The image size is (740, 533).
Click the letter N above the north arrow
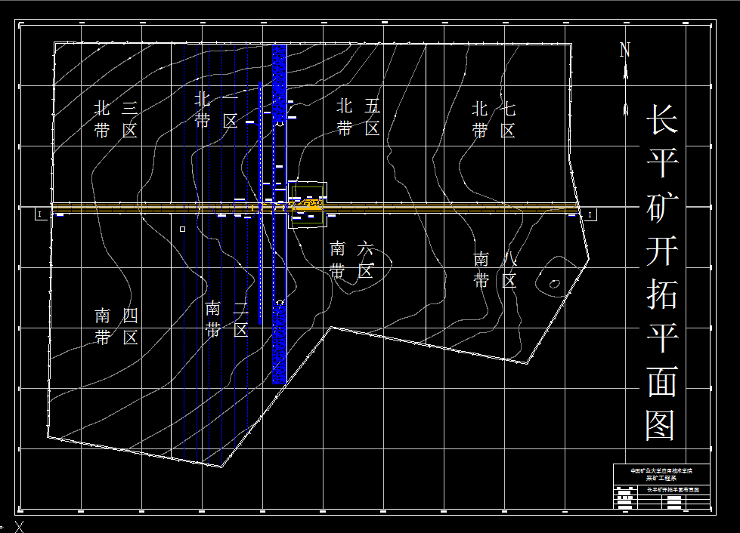point(625,51)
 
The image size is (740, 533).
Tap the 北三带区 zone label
point(116,119)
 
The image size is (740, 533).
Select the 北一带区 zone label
point(217,110)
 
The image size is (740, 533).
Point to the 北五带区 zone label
point(358,117)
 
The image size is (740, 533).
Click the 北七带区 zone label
point(494,119)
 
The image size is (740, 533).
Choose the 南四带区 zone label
point(116,326)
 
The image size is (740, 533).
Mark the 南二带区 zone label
point(227,319)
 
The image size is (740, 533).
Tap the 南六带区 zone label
point(351,260)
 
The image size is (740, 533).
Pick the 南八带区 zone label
point(495,270)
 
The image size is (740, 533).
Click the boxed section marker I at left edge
point(39,215)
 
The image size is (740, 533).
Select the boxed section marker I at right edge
point(590,215)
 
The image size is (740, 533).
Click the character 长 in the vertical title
point(661,120)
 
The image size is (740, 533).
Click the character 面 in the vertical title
point(661,381)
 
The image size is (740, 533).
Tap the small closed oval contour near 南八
point(554,284)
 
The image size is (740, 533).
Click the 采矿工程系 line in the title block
point(661,477)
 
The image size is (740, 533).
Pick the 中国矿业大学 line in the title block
point(661,470)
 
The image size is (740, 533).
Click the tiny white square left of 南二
point(182,229)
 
